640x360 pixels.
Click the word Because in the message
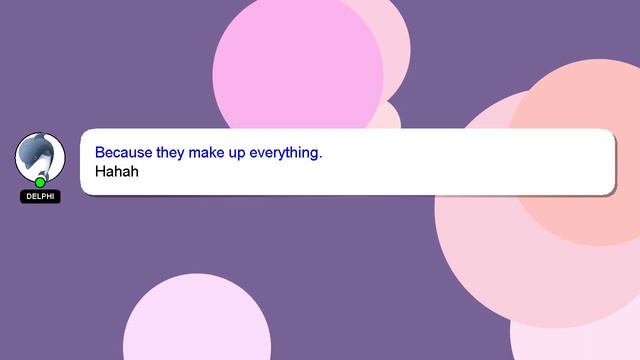pos(124,153)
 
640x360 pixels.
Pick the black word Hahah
pos(116,172)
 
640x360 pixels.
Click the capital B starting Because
pos(100,153)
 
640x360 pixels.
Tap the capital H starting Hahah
pos(101,172)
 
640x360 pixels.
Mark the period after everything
pos(321,157)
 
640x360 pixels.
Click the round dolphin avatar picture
pos(40,155)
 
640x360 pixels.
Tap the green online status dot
pos(40,182)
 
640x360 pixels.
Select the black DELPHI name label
pos(40,197)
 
